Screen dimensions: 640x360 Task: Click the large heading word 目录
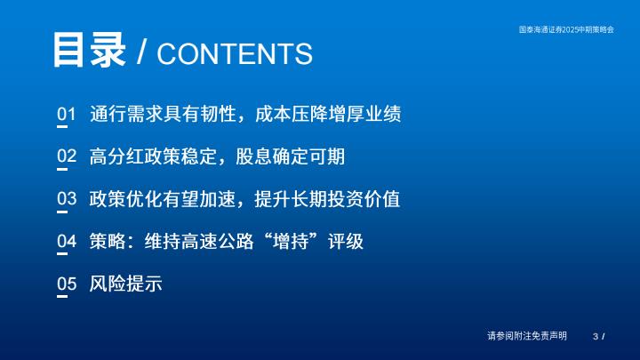(x=89, y=50)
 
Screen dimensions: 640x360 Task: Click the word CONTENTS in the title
(x=235, y=54)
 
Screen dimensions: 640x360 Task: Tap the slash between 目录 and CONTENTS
(x=141, y=52)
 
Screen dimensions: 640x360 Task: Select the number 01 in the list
(x=67, y=114)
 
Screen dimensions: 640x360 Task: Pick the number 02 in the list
(x=67, y=156)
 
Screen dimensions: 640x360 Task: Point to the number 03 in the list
(x=67, y=199)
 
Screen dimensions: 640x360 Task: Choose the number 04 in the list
(x=67, y=241)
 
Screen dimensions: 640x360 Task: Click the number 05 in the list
(x=67, y=284)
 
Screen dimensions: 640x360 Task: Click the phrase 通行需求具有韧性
(x=163, y=114)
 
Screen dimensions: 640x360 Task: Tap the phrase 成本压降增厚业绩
(x=328, y=114)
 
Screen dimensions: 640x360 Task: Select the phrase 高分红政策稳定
(x=153, y=156)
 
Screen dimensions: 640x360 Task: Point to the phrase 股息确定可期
(x=290, y=156)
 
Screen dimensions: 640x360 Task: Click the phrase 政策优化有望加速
(x=163, y=199)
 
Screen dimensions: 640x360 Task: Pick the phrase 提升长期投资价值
(x=327, y=199)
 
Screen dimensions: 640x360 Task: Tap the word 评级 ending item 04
(x=345, y=241)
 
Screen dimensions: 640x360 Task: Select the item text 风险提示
(x=125, y=284)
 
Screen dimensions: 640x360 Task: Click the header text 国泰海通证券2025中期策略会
(x=566, y=29)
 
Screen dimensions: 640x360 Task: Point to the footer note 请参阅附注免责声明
(x=527, y=336)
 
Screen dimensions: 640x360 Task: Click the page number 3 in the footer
(x=596, y=336)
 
